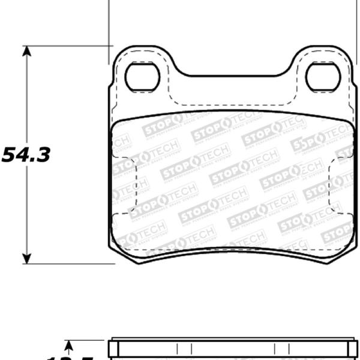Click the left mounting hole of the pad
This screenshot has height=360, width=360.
142,77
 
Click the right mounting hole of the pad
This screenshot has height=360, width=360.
323,77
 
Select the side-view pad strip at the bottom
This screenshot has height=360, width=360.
234,350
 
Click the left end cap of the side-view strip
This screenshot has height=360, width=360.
112,350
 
